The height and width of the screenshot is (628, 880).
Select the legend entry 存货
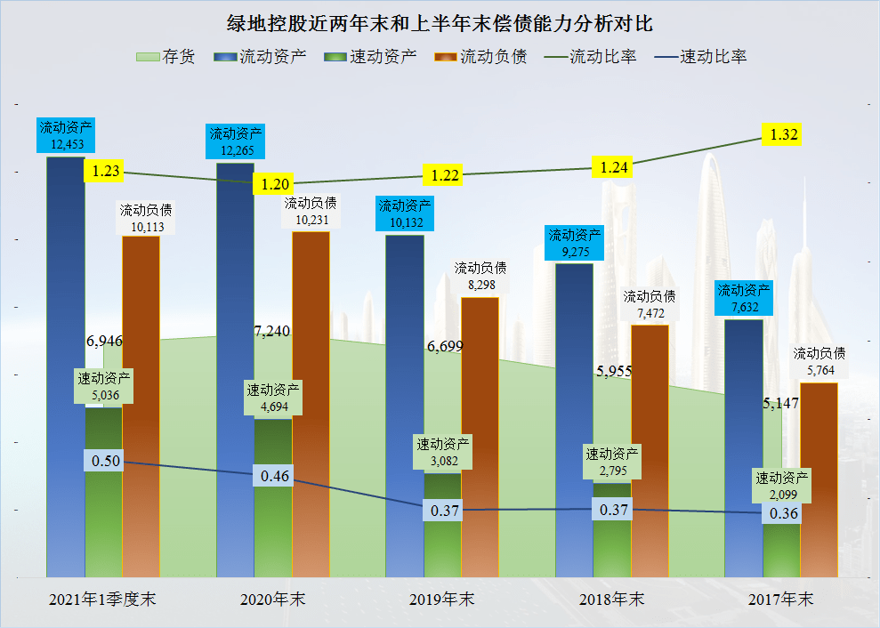166,57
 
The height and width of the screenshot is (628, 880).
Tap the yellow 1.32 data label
784,134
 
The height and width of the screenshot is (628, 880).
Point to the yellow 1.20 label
275,184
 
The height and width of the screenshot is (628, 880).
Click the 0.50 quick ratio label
106,461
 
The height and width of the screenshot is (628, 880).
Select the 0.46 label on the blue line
276,476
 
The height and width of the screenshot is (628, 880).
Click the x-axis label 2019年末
442,599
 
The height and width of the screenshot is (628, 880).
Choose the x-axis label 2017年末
780,599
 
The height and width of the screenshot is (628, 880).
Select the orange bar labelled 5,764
819,480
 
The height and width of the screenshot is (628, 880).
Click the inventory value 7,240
271,332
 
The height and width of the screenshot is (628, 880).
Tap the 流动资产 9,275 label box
575,244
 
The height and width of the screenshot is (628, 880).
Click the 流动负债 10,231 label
311,213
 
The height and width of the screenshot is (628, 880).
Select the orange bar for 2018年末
650,445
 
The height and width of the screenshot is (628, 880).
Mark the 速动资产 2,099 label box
781,486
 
